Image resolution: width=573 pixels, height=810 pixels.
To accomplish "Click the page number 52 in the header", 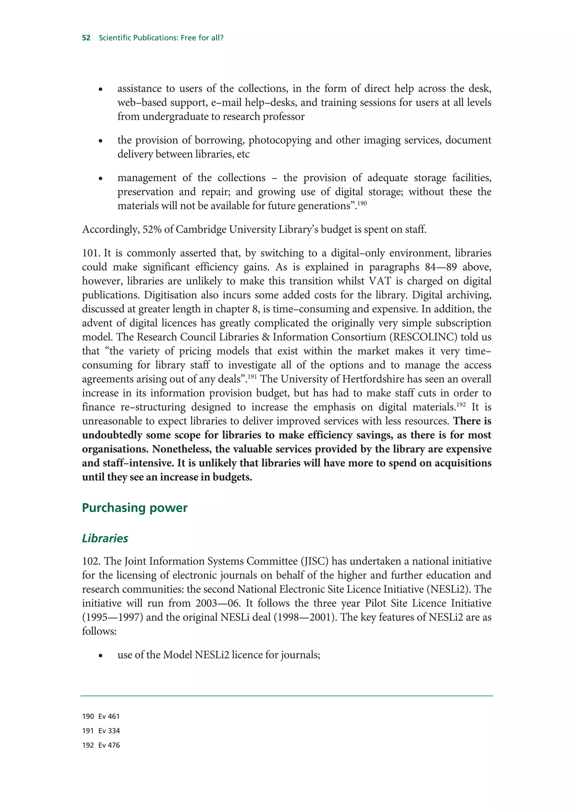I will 86,38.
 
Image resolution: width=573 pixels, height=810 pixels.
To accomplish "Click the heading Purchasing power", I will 135,508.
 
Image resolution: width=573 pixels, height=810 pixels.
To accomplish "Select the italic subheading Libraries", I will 105,538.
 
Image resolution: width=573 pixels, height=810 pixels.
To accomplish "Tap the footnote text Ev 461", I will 109,717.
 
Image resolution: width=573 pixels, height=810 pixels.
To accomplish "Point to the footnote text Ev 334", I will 109,731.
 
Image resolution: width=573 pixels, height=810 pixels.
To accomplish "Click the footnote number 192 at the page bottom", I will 88,745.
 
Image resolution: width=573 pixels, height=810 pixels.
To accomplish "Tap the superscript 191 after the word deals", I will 252,376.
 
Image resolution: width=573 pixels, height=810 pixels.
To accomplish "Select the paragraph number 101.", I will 91,253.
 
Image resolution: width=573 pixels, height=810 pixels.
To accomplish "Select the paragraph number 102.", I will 91,561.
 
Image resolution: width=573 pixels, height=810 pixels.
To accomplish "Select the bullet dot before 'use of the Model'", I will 101,656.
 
